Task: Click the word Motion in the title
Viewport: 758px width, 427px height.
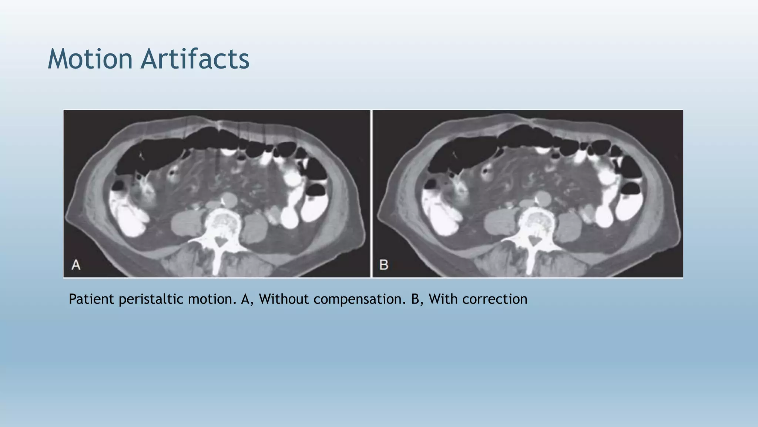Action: pyautogui.click(x=90, y=59)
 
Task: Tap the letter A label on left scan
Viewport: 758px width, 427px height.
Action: pyautogui.click(x=76, y=265)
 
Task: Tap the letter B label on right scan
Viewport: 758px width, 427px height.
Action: pyautogui.click(x=384, y=265)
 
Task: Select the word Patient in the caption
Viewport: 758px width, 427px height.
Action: pyautogui.click(x=91, y=299)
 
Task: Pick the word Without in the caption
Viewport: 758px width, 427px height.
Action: pyautogui.click(x=284, y=299)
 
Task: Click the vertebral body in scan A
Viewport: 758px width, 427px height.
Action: pyautogui.click(x=222, y=222)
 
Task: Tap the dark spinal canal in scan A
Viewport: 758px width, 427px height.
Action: pyautogui.click(x=221, y=242)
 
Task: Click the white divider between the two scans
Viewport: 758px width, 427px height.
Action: pyautogui.click(x=371, y=193)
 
